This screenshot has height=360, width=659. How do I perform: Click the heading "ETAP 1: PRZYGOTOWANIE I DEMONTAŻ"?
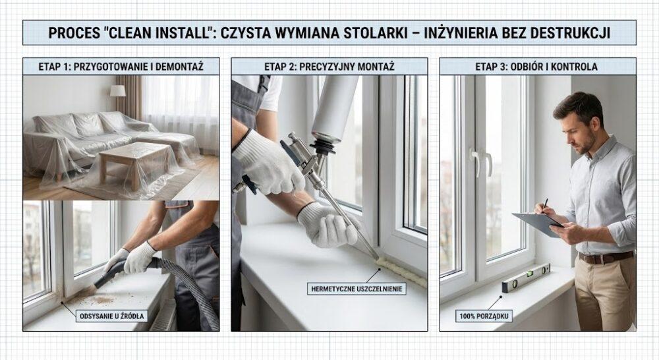tap(121, 67)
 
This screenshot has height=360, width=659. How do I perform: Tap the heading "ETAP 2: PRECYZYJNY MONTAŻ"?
tap(329, 67)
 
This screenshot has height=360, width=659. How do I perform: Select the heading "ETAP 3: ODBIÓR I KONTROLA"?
tap(536, 67)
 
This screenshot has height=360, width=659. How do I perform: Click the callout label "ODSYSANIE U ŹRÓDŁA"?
tap(112, 316)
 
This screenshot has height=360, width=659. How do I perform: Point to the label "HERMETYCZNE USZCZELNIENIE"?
tap(357, 289)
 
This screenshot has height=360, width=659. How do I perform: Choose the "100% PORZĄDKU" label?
tap(484, 316)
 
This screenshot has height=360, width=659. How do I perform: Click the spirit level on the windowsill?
tap(526, 278)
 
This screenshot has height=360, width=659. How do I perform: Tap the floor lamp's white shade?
tap(118, 90)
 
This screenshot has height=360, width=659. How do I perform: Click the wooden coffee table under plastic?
tap(134, 162)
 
